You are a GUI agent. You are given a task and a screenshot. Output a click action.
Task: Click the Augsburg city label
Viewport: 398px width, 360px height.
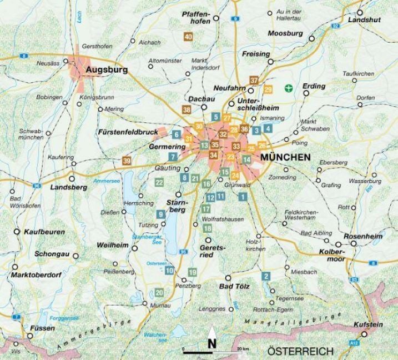tap(107, 70)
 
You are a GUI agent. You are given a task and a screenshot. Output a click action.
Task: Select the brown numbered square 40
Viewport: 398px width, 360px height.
tap(188, 37)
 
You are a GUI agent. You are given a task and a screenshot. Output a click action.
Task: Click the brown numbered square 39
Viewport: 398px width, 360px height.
tap(127, 161)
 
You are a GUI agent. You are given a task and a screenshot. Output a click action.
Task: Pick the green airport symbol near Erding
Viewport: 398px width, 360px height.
tap(288, 87)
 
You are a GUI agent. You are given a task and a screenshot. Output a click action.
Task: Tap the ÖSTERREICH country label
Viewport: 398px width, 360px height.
tap(300, 351)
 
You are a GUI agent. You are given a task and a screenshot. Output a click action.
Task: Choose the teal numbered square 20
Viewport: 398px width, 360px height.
tap(159, 293)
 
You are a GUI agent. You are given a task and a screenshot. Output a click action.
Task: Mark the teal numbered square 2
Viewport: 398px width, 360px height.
tap(266, 276)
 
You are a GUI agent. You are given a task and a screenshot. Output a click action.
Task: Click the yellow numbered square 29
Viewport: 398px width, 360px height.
tap(269, 90)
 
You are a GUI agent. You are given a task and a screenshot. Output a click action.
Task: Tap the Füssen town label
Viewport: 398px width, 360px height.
tap(43, 328)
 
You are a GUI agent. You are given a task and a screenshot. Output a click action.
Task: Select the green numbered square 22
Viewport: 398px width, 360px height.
tap(159, 182)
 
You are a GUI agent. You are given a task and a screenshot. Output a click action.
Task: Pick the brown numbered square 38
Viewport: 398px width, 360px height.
tap(187, 109)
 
